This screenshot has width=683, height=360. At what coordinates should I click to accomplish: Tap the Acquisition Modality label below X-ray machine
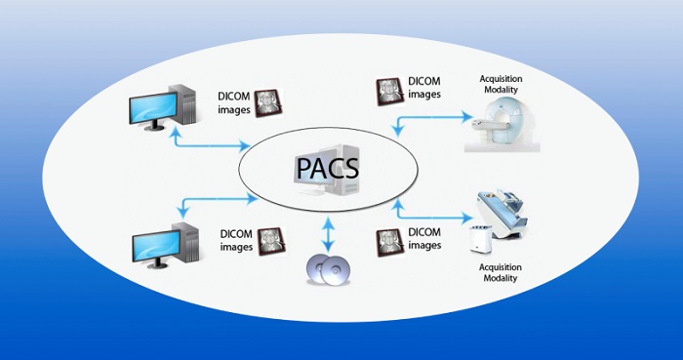click(498, 272)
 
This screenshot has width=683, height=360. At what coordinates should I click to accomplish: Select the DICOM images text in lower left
click(236, 239)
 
